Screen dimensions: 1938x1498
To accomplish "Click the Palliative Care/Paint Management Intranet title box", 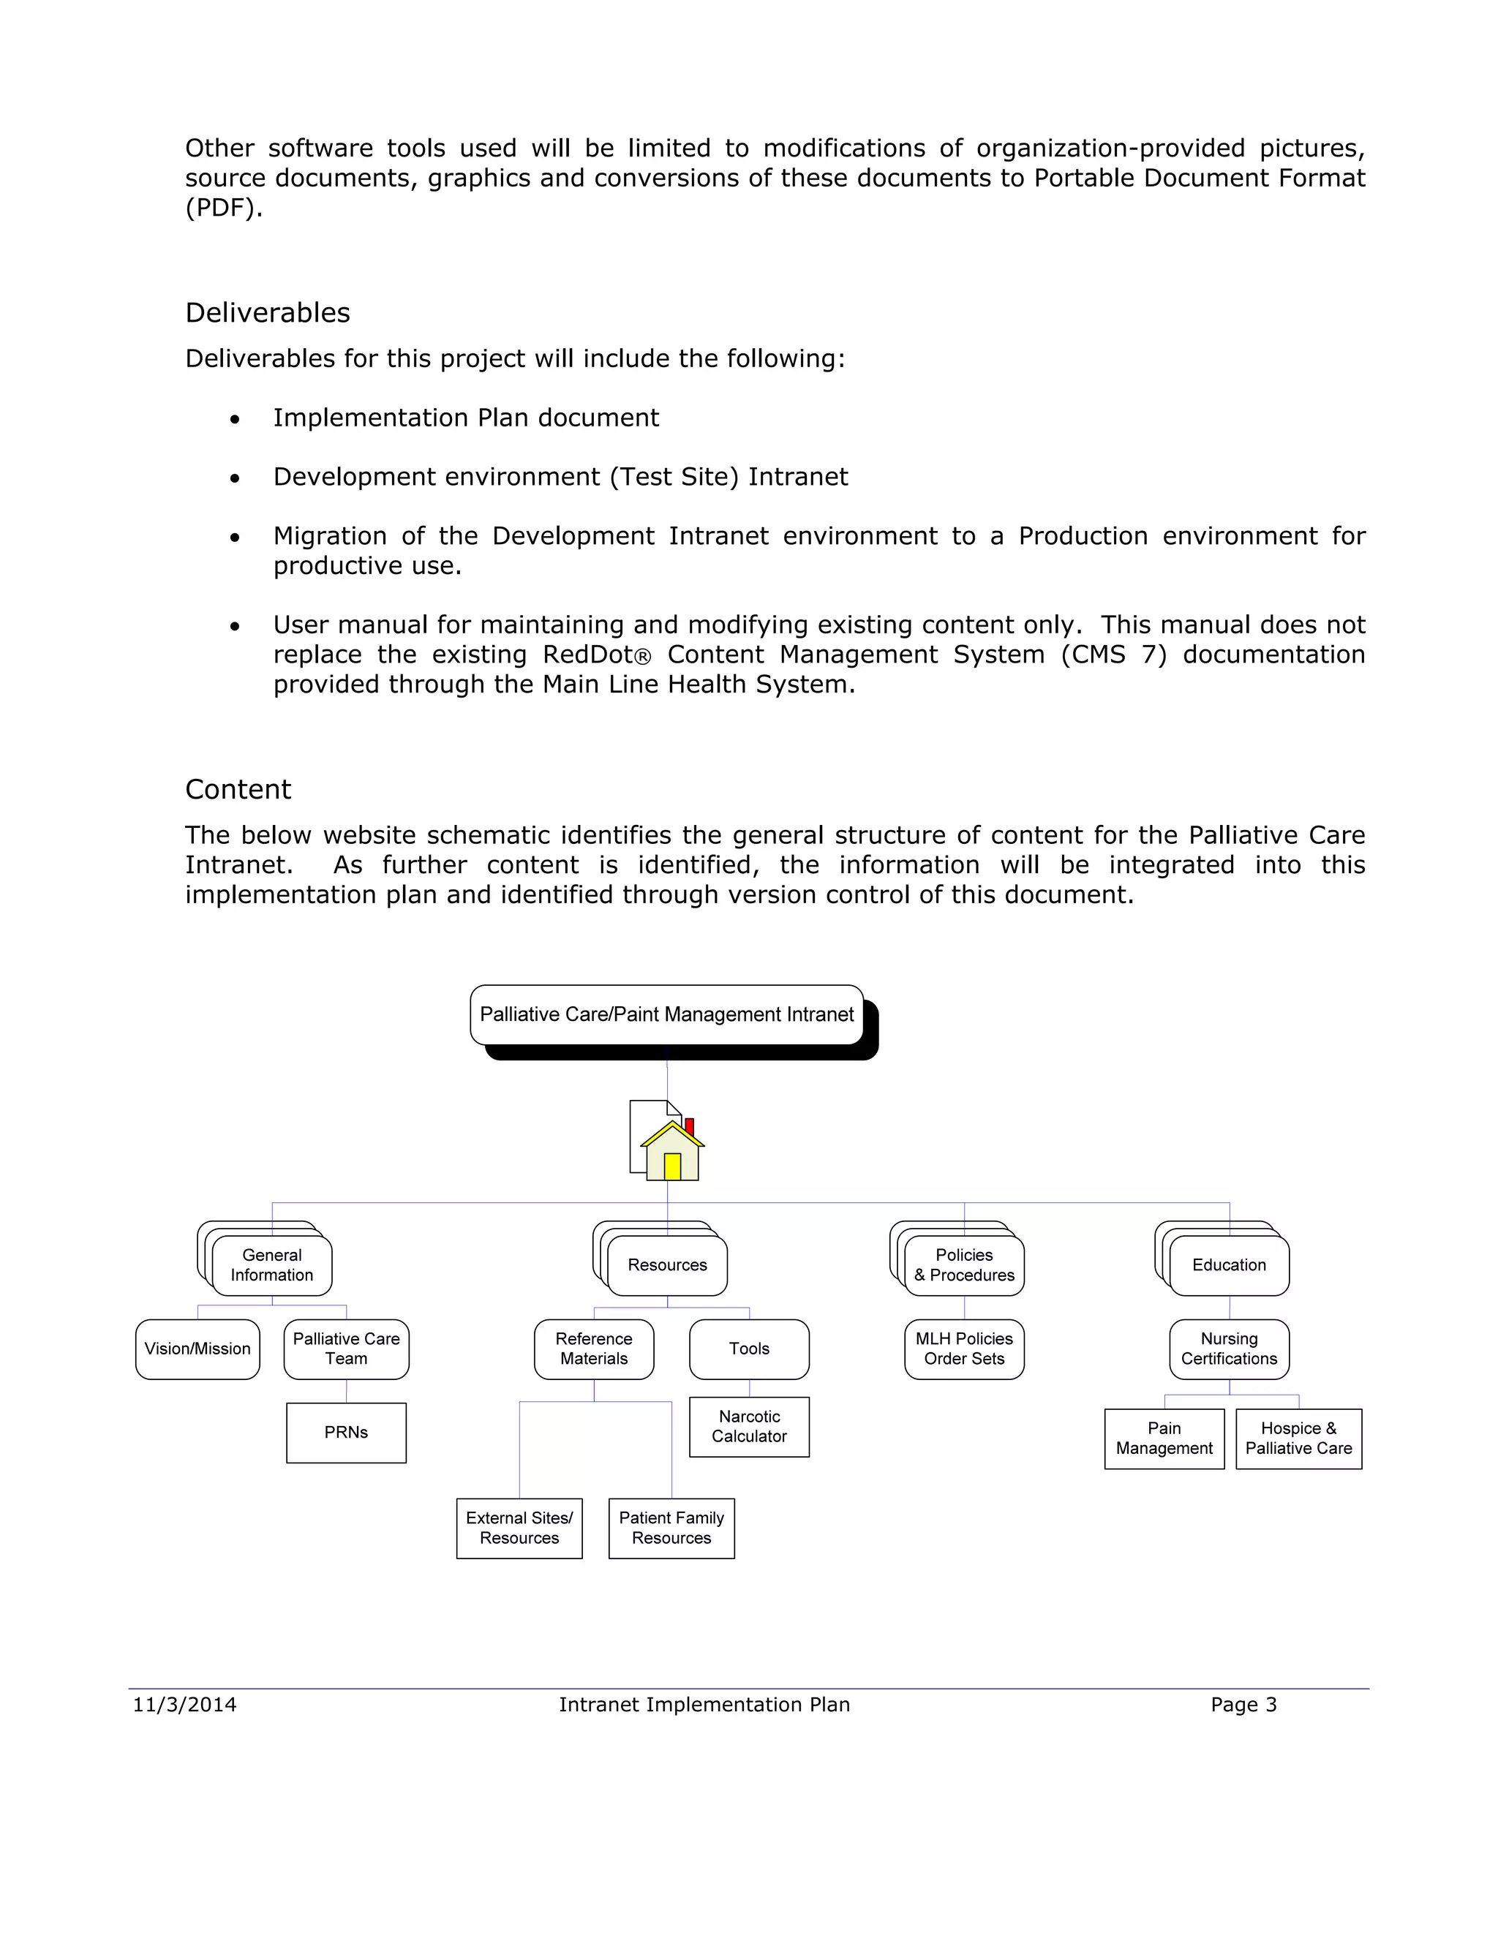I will click(x=666, y=1014).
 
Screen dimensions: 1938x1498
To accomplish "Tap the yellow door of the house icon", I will click(x=671, y=1166).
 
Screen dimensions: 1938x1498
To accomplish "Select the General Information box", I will click(x=271, y=1265).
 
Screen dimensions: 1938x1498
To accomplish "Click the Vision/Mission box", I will click(x=197, y=1349).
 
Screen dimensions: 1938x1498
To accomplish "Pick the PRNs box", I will click(x=346, y=1432).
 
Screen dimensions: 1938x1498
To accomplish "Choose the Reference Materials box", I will click(x=594, y=1349).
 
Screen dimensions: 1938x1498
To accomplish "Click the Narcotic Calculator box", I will click(x=749, y=1427).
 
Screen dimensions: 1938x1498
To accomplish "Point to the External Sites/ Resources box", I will click(x=519, y=1528).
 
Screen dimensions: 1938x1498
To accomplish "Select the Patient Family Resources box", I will click(x=671, y=1528).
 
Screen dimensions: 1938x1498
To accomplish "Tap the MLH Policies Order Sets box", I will click(x=964, y=1349).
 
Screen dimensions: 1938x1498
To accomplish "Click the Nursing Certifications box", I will click(x=1229, y=1349).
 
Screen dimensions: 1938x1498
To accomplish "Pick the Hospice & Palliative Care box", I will click(x=1298, y=1439).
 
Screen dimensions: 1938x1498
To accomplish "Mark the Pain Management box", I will click(x=1164, y=1439).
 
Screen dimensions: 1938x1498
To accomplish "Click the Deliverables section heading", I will click(x=267, y=312).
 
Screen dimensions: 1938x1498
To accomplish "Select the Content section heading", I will click(x=238, y=789).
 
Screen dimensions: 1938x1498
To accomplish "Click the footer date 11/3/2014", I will click(x=184, y=1704).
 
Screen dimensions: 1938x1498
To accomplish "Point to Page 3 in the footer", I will click(x=1243, y=1704).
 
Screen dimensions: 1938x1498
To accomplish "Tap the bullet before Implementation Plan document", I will click(x=234, y=419).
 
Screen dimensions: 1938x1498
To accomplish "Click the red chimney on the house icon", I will click(x=690, y=1126).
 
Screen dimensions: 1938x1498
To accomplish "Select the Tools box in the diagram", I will click(x=749, y=1349).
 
